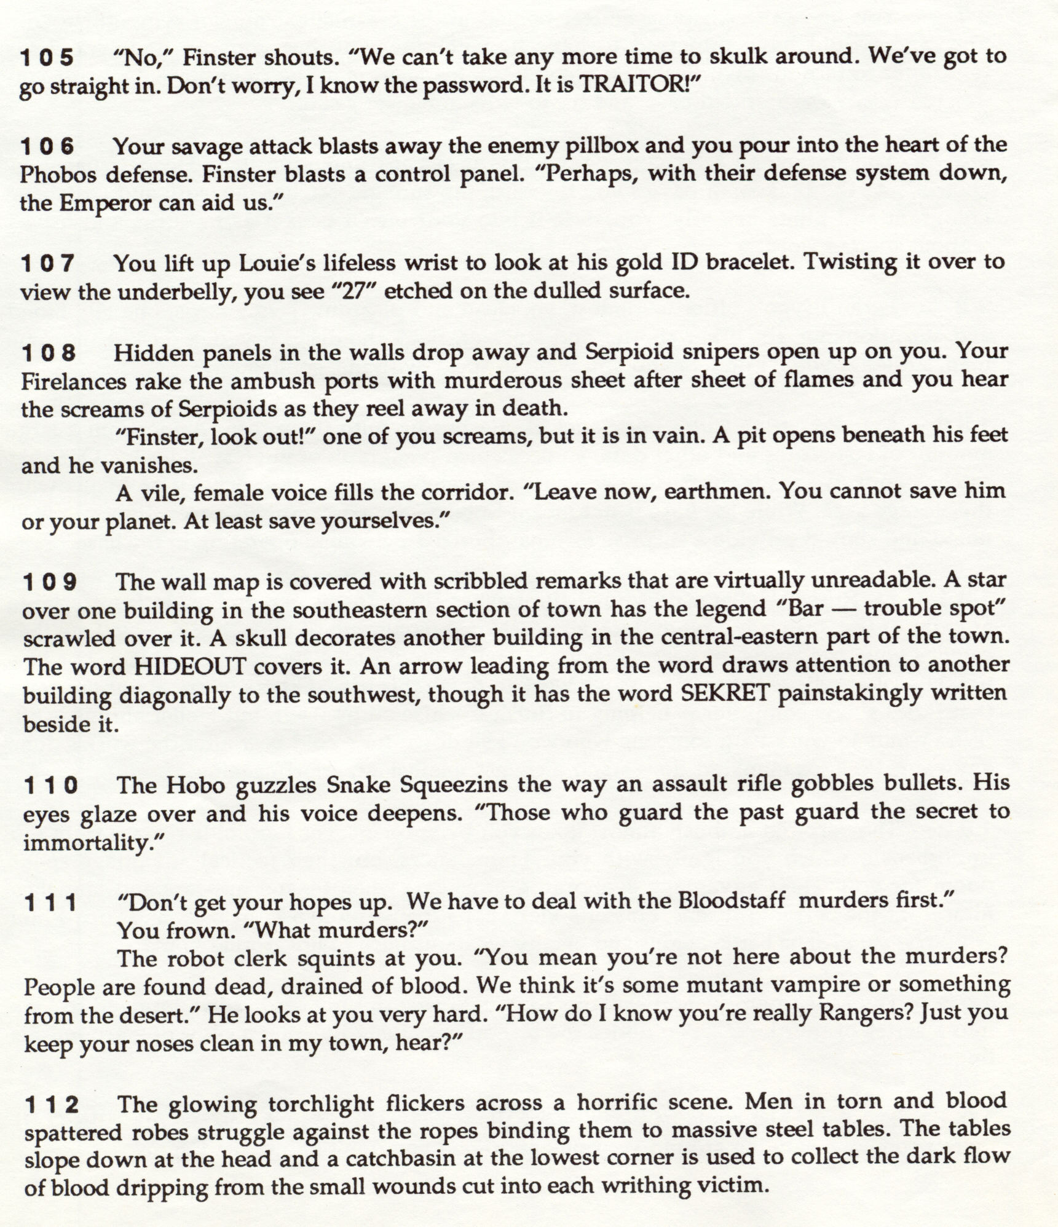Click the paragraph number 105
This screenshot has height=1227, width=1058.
pos(47,58)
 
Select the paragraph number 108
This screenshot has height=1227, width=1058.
pos(49,353)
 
